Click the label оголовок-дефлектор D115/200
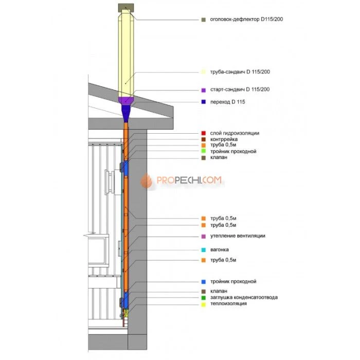(x=246, y=20)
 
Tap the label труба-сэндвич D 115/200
(x=240, y=72)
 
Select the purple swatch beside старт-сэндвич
(x=204, y=90)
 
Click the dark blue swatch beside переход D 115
(x=204, y=102)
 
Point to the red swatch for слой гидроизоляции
(x=204, y=133)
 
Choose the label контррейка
(x=224, y=139)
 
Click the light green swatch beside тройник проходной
(x=204, y=151)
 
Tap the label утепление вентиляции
(x=238, y=236)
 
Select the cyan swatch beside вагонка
(x=204, y=250)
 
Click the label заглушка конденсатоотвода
(x=244, y=297)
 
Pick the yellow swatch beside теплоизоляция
(x=204, y=304)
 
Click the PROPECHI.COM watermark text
(x=189, y=180)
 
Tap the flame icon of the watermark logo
(x=147, y=181)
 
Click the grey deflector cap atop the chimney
(x=126, y=8)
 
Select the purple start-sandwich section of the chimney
(x=126, y=101)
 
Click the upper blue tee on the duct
(x=125, y=167)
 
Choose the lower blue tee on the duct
(x=125, y=300)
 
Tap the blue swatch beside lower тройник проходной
(x=204, y=282)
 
